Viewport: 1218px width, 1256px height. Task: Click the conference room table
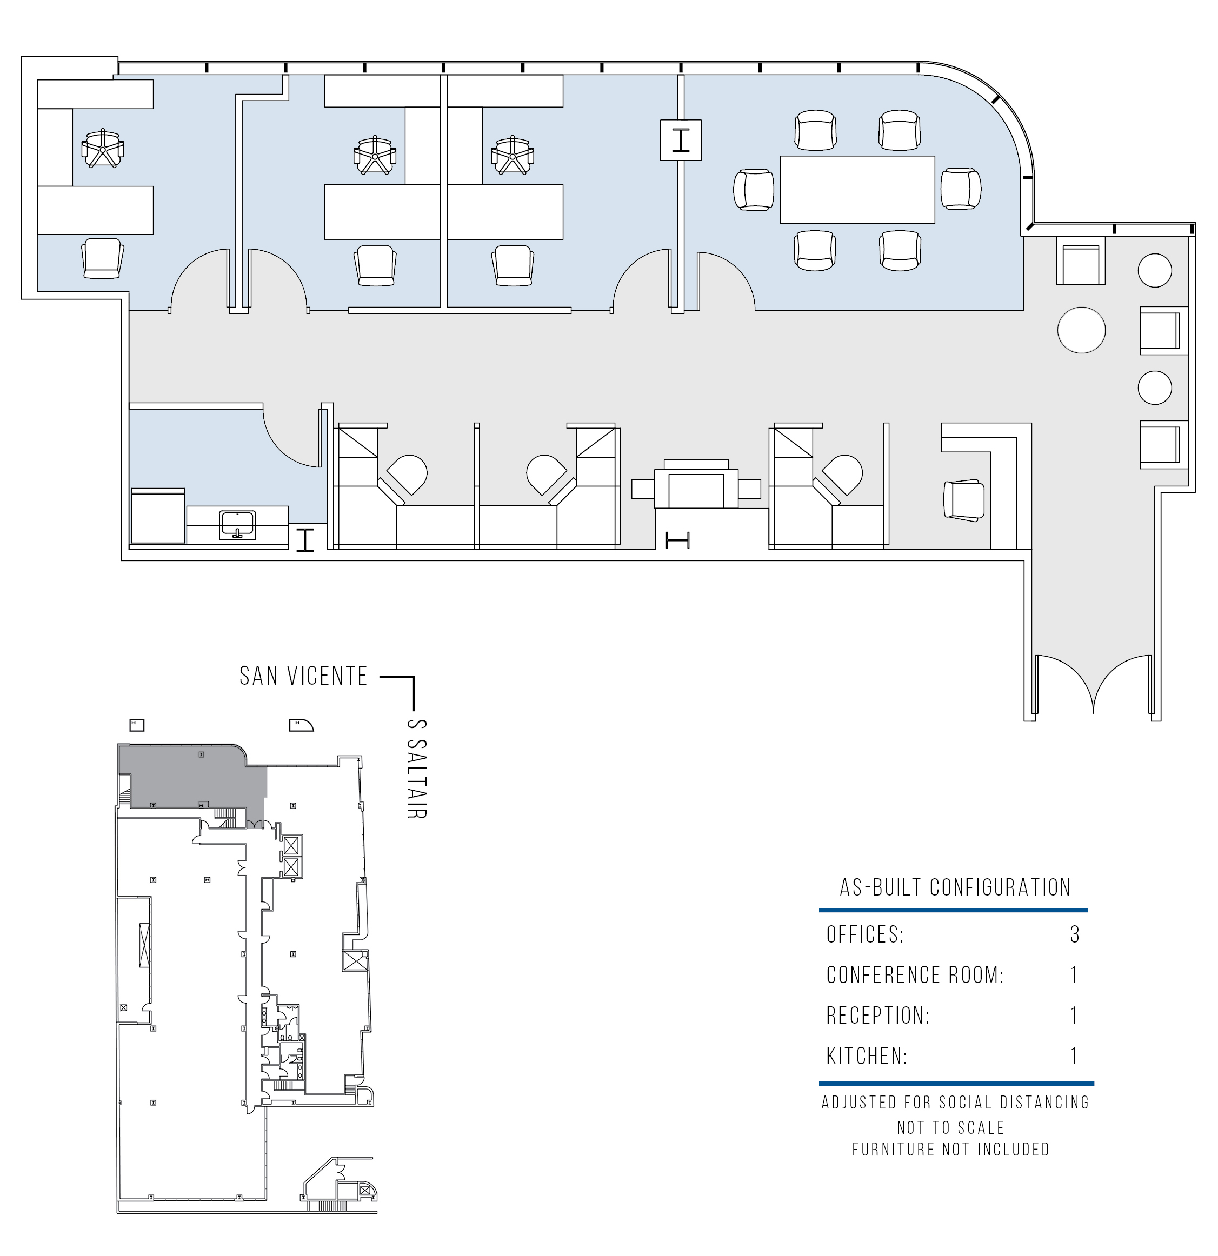(857, 190)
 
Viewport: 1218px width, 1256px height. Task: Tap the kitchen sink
(237, 525)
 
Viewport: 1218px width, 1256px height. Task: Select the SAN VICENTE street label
(304, 676)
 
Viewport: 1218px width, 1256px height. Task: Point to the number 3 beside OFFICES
(1075, 934)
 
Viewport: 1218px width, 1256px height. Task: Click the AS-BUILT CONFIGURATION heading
(955, 887)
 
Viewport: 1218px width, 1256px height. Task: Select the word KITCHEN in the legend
(866, 1056)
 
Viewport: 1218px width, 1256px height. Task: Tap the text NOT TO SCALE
(951, 1127)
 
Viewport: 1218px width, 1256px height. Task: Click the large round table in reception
(1081, 330)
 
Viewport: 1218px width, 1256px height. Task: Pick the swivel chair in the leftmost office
(103, 149)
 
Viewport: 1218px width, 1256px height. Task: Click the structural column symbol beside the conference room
(681, 139)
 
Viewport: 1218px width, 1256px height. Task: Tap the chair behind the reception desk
(963, 500)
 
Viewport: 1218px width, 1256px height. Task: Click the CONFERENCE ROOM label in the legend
(915, 974)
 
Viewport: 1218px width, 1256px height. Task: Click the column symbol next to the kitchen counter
(305, 539)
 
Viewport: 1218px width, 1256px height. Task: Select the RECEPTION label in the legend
(877, 1016)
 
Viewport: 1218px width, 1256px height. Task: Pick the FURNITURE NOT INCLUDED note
(951, 1149)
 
